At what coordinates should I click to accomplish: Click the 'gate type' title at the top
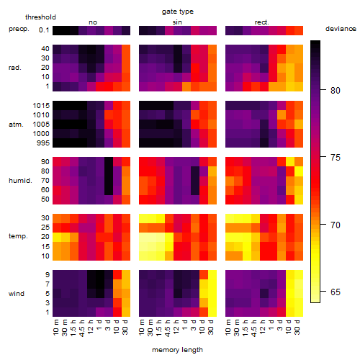[178, 12]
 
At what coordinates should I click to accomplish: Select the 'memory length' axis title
[177, 350]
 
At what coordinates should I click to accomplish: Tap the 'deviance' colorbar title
[341, 29]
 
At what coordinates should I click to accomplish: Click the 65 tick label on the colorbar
[336, 292]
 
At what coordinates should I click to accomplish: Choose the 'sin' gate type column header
[177, 22]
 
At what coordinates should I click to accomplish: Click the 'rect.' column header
[261, 22]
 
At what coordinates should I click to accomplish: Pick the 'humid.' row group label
[20, 181]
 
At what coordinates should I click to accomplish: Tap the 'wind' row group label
[17, 294]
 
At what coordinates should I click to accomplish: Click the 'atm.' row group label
[16, 125]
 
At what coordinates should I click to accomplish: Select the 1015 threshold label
[41, 106]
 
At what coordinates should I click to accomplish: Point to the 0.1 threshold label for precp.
[44, 30]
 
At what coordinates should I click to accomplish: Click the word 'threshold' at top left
[40, 17]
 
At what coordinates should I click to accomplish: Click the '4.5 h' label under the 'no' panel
[82, 328]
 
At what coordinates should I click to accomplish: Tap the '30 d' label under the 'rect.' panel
[297, 327]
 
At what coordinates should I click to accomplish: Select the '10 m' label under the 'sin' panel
[143, 327]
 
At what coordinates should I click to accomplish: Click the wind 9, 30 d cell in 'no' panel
[126, 275]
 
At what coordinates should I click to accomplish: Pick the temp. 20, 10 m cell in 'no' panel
[57, 237]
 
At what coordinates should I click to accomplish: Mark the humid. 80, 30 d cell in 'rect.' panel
[299, 171]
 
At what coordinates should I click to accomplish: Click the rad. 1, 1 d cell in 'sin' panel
[186, 86]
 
